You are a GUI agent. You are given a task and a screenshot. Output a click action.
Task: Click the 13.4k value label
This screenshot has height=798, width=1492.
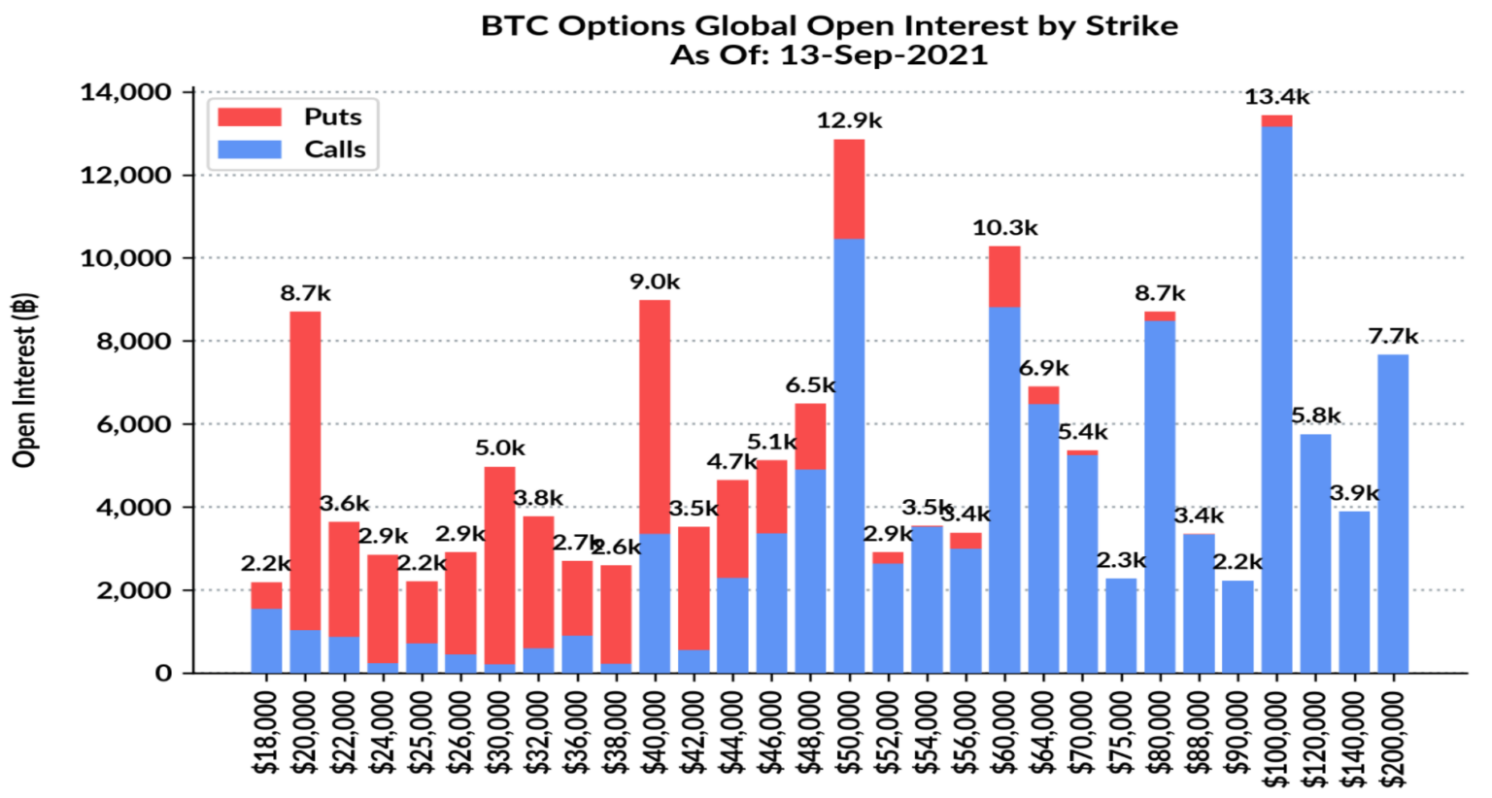click(x=1276, y=97)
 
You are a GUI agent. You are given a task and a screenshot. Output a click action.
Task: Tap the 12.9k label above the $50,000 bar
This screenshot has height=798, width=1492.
click(x=849, y=121)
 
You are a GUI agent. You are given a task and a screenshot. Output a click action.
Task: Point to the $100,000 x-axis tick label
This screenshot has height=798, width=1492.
click(x=1276, y=730)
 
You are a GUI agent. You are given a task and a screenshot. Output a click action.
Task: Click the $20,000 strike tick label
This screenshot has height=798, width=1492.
click(x=305, y=730)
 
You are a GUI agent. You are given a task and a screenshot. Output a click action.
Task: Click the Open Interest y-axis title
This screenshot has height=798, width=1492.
click(x=25, y=380)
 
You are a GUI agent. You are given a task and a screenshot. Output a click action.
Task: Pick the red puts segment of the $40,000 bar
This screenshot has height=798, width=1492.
click(x=655, y=417)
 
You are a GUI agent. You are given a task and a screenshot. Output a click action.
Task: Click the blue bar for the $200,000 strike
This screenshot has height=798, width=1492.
click(x=1393, y=514)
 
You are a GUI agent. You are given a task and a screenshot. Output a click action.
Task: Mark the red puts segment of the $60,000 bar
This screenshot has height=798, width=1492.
click(x=1004, y=277)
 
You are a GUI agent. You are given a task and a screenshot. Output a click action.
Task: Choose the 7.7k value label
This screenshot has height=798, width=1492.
click(x=1393, y=337)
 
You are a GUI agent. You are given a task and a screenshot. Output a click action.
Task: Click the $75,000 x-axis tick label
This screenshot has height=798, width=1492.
click(x=1121, y=730)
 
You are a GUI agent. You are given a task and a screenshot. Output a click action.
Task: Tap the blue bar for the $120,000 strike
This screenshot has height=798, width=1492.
click(x=1315, y=553)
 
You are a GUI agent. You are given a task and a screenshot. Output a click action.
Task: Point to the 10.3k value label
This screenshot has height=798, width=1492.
click(x=1004, y=228)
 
